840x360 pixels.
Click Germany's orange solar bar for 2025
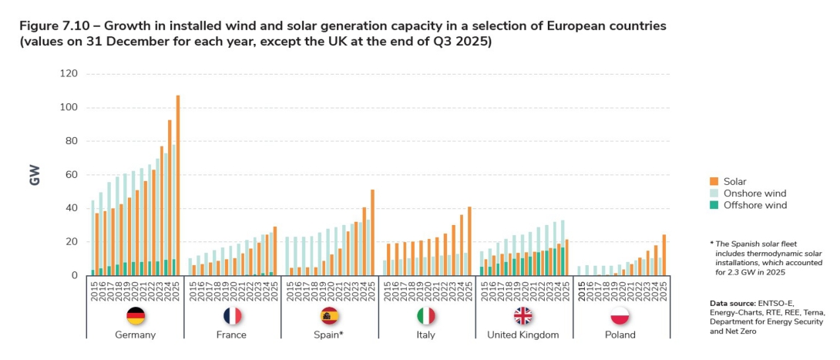click(177, 185)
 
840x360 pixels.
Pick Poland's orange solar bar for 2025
click(664, 254)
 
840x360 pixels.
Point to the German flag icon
click(135, 316)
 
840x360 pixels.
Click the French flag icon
click(232, 316)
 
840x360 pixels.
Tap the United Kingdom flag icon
click(523, 316)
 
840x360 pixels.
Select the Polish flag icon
click(620, 316)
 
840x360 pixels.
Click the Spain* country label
click(329, 335)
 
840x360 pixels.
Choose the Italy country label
click(426, 335)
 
